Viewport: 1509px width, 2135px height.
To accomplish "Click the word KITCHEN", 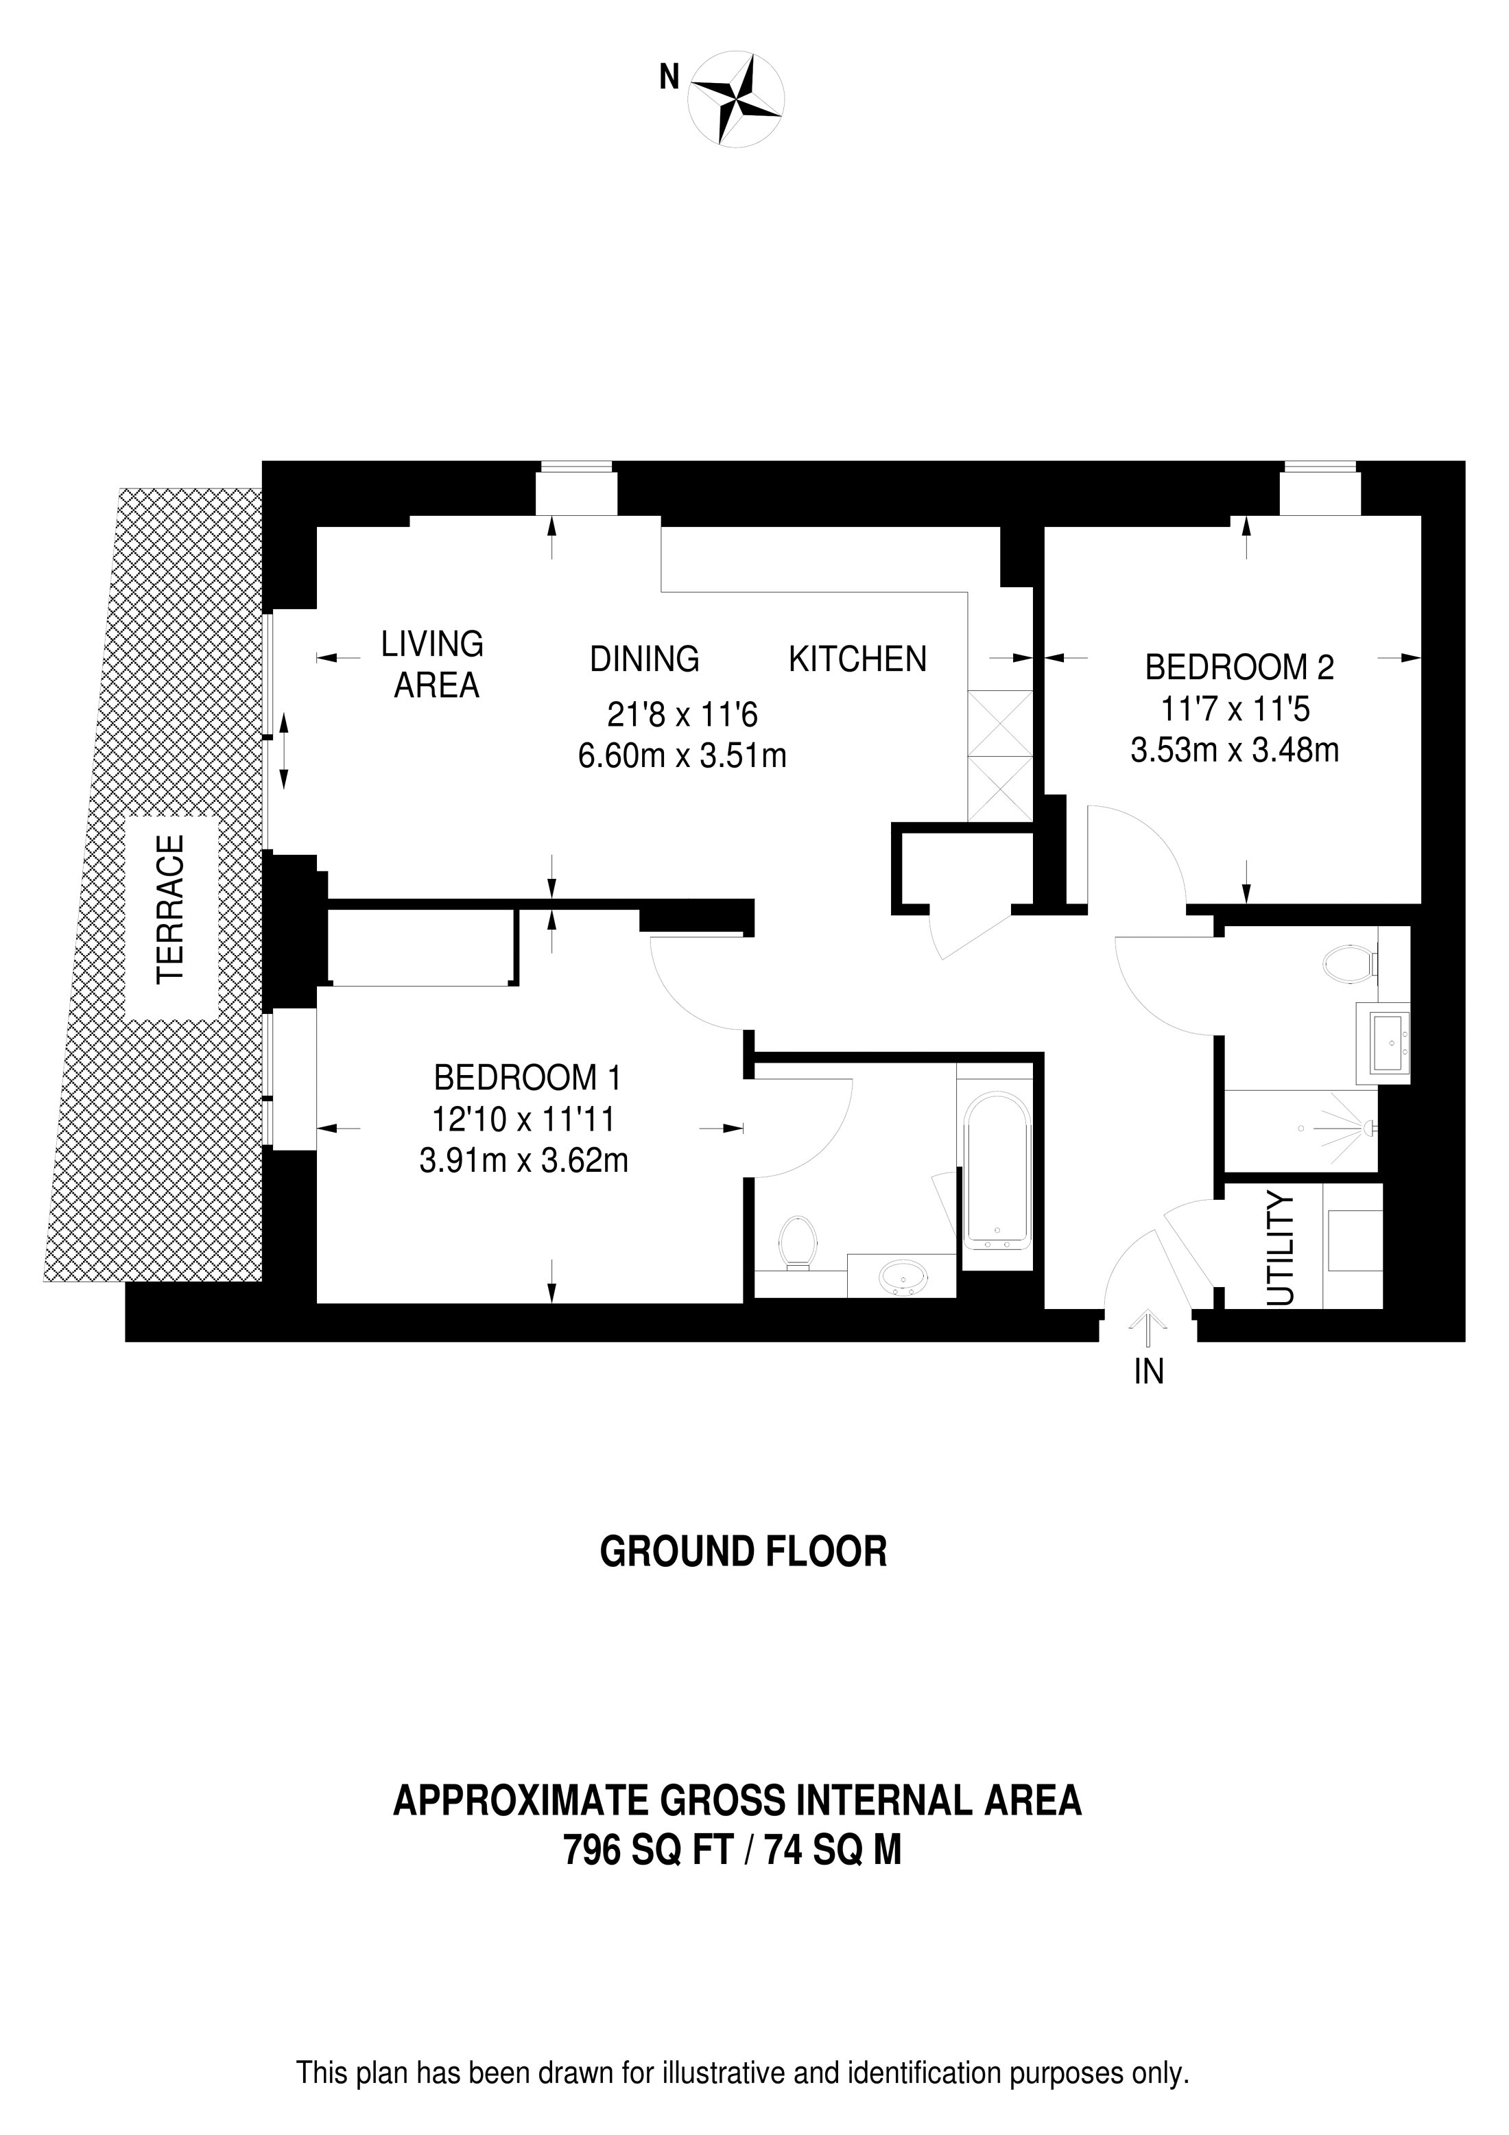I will click(x=857, y=659).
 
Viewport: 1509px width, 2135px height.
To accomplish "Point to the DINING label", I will click(x=644, y=659).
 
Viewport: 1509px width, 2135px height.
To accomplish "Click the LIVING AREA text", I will click(x=434, y=664).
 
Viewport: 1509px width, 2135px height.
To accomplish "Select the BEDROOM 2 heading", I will click(x=1239, y=668).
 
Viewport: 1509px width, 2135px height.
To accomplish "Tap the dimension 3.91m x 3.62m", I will click(x=523, y=1161).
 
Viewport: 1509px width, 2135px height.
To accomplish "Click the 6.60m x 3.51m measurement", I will click(x=682, y=756).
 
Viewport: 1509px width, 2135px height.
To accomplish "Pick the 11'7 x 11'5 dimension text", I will click(x=1235, y=709).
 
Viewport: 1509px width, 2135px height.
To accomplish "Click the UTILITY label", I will click(x=1281, y=1250).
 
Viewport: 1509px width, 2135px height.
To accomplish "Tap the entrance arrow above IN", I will click(x=1149, y=1329).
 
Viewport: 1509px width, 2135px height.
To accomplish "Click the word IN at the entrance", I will click(x=1149, y=1371).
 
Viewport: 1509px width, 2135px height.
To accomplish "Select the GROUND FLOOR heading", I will click(x=743, y=1552).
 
